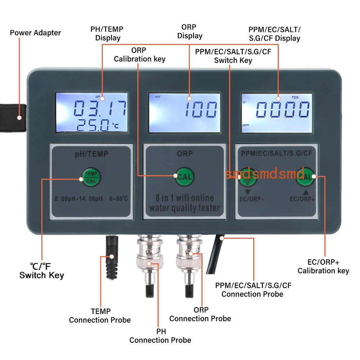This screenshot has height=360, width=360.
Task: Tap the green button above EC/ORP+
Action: click(x=305, y=177)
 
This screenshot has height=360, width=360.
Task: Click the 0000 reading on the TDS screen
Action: click(x=283, y=109)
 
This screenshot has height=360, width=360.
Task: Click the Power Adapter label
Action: click(x=35, y=33)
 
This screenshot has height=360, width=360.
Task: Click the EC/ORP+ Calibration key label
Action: click(x=323, y=267)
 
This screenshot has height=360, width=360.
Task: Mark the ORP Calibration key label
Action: click(x=140, y=55)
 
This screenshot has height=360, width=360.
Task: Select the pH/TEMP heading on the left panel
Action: click(x=91, y=154)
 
